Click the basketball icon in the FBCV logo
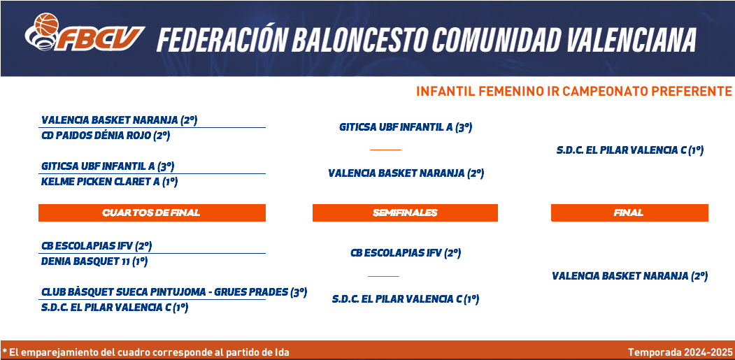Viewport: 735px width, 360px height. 46,24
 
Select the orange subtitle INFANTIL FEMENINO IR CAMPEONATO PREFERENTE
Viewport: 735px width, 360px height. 573,91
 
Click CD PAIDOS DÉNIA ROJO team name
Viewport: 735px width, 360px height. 106,136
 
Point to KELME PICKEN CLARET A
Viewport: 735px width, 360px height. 110,182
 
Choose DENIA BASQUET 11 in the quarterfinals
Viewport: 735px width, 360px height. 94,261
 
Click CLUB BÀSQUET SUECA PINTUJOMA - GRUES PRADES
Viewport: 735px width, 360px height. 174,292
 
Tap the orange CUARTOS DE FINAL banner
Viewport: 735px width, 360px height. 152,213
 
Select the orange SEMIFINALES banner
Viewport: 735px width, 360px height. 405,213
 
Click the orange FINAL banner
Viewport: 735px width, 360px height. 629,213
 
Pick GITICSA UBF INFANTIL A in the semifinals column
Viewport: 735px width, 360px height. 406,127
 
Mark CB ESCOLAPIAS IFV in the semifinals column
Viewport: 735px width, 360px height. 406,253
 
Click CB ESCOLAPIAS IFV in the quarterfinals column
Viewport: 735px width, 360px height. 97,245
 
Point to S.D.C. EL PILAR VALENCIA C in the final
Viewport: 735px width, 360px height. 630,150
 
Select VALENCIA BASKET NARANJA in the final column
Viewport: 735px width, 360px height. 629,276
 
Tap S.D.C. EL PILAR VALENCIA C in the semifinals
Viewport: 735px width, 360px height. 406,299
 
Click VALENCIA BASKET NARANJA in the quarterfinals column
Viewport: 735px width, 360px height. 120,120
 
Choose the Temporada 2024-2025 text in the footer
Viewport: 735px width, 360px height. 680,352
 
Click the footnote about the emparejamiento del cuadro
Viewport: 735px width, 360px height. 145,352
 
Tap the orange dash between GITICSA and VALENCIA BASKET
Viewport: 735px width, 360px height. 385,150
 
